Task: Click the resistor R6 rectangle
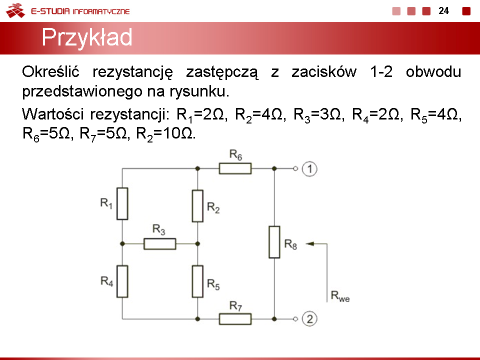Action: [235, 168]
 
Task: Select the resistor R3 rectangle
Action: [160, 243]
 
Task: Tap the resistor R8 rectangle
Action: [274, 242]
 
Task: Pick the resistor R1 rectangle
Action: [122, 203]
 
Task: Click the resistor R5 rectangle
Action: [197, 281]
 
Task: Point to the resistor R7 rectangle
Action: [235, 319]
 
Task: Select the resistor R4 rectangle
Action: [122, 281]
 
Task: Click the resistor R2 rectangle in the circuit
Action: [197, 206]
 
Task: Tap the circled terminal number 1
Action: [309, 168]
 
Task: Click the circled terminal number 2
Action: [309, 319]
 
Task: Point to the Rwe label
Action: [340, 296]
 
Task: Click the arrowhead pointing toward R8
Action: [310, 243]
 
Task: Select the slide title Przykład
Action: [87, 37]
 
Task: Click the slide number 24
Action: [443, 10]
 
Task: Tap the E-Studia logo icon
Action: [15, 10]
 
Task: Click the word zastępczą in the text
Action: [222, 72]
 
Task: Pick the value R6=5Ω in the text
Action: [46, 134]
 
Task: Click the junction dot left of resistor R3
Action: [122, 243]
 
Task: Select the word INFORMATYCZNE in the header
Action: [101, 11]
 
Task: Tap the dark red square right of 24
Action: [466, 11]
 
